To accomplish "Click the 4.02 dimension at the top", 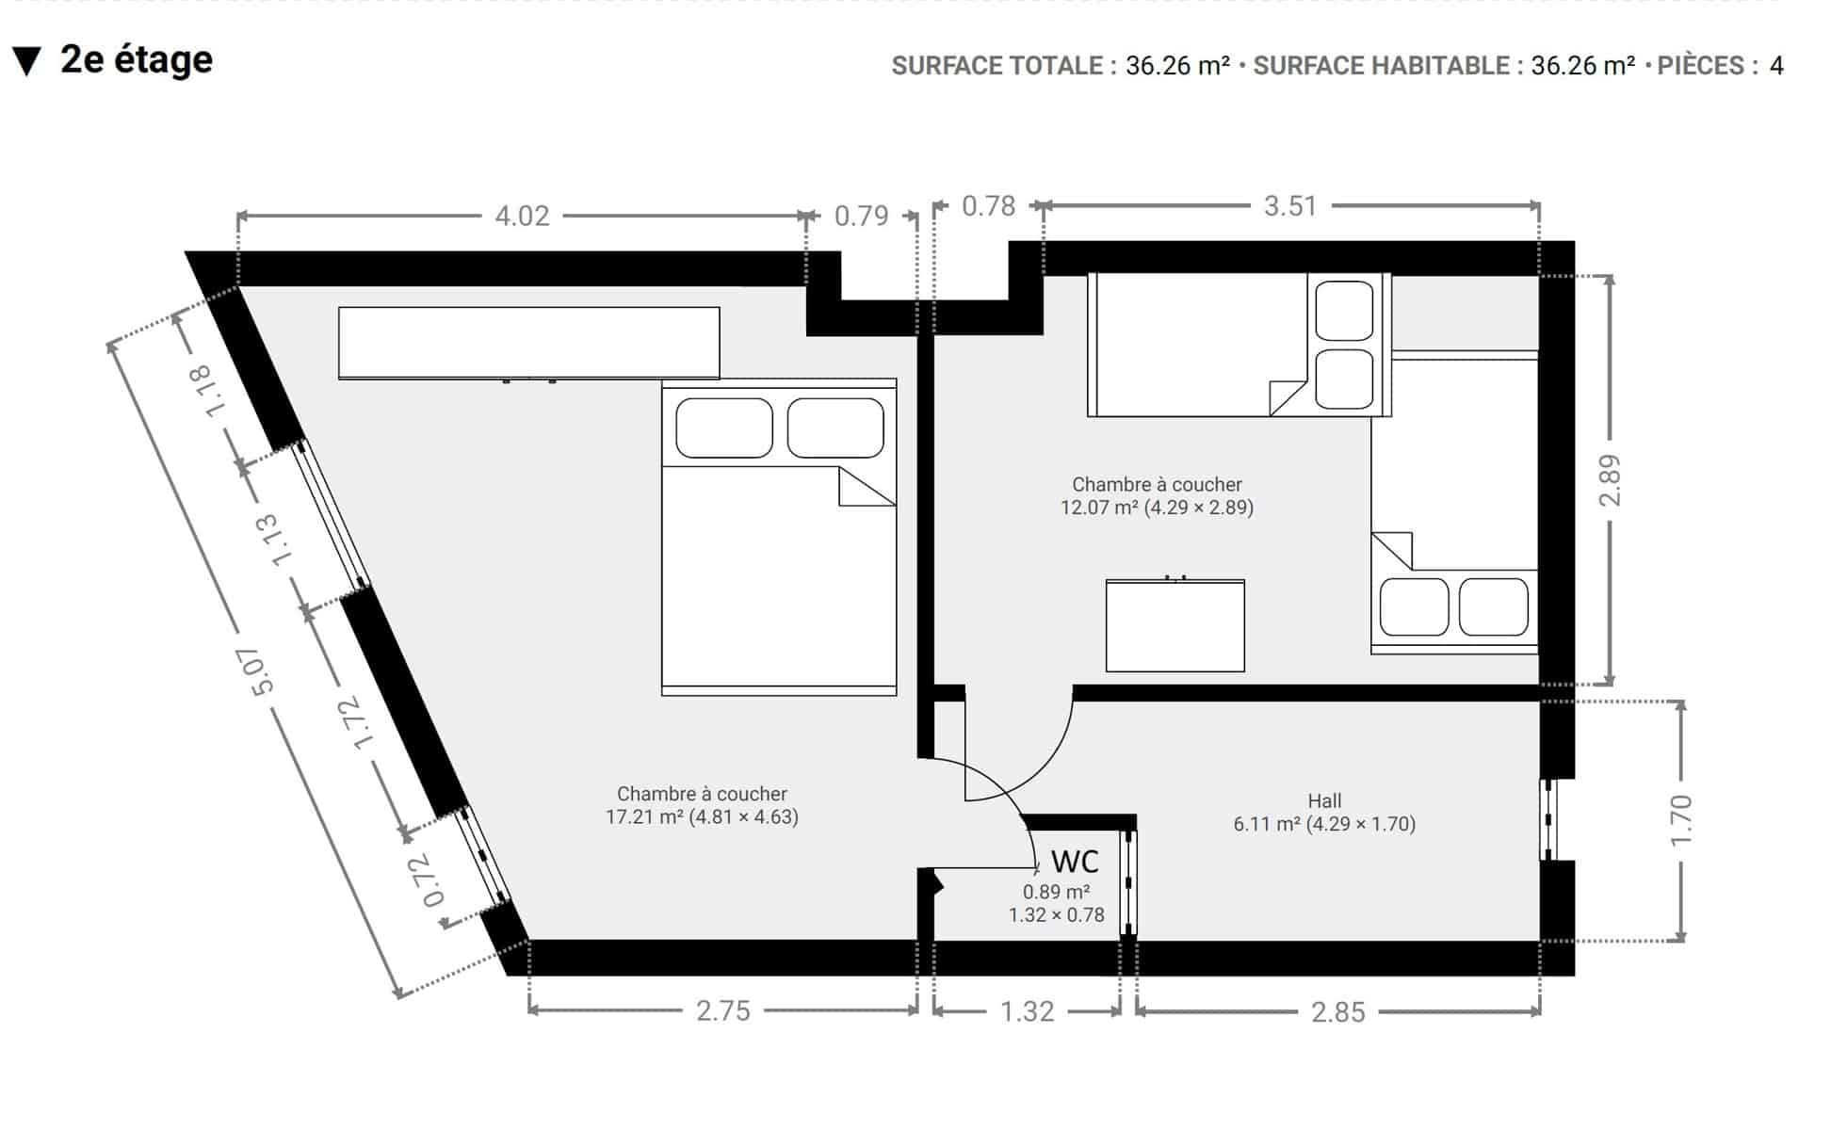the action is (522, 217).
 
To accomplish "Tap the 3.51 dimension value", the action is (1289, 206).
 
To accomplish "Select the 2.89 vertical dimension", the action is (1611, 480).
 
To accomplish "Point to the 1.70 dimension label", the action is (1681, 820).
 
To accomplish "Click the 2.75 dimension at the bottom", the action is (723, 1011).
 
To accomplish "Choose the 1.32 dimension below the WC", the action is (1027, 1011).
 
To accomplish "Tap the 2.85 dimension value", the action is (1337, 1012).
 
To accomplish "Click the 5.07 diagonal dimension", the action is (261, 671).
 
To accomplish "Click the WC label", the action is (1075, 862).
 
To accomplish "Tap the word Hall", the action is (1324, 801).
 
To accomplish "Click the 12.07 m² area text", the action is (1100, 508).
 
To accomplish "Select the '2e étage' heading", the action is (137, 60).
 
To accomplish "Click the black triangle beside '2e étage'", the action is (27, 62).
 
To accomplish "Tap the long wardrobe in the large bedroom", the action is (529, 343).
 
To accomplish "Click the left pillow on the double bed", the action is (724, 428).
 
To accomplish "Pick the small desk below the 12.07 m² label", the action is (1175, 625).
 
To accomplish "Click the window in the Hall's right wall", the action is (1548, 819).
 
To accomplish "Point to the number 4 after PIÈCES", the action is (1776, 66).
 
